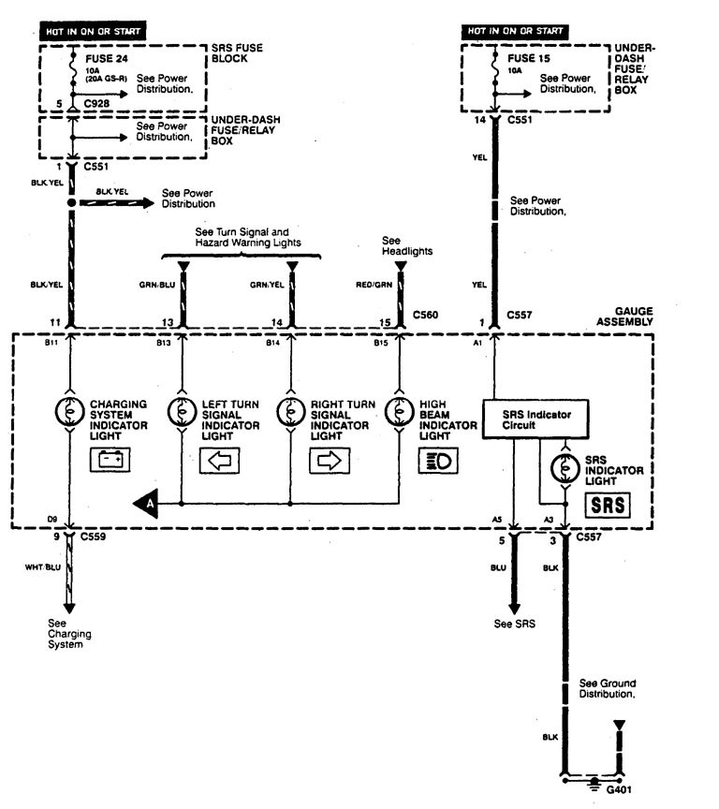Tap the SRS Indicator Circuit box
pos(537,419)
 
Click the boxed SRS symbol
pos(605,506)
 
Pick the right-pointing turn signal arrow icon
pos(329,460)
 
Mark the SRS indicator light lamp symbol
pos(565,465)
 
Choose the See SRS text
pos(512,625)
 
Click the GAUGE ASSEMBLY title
pos(628,316)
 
